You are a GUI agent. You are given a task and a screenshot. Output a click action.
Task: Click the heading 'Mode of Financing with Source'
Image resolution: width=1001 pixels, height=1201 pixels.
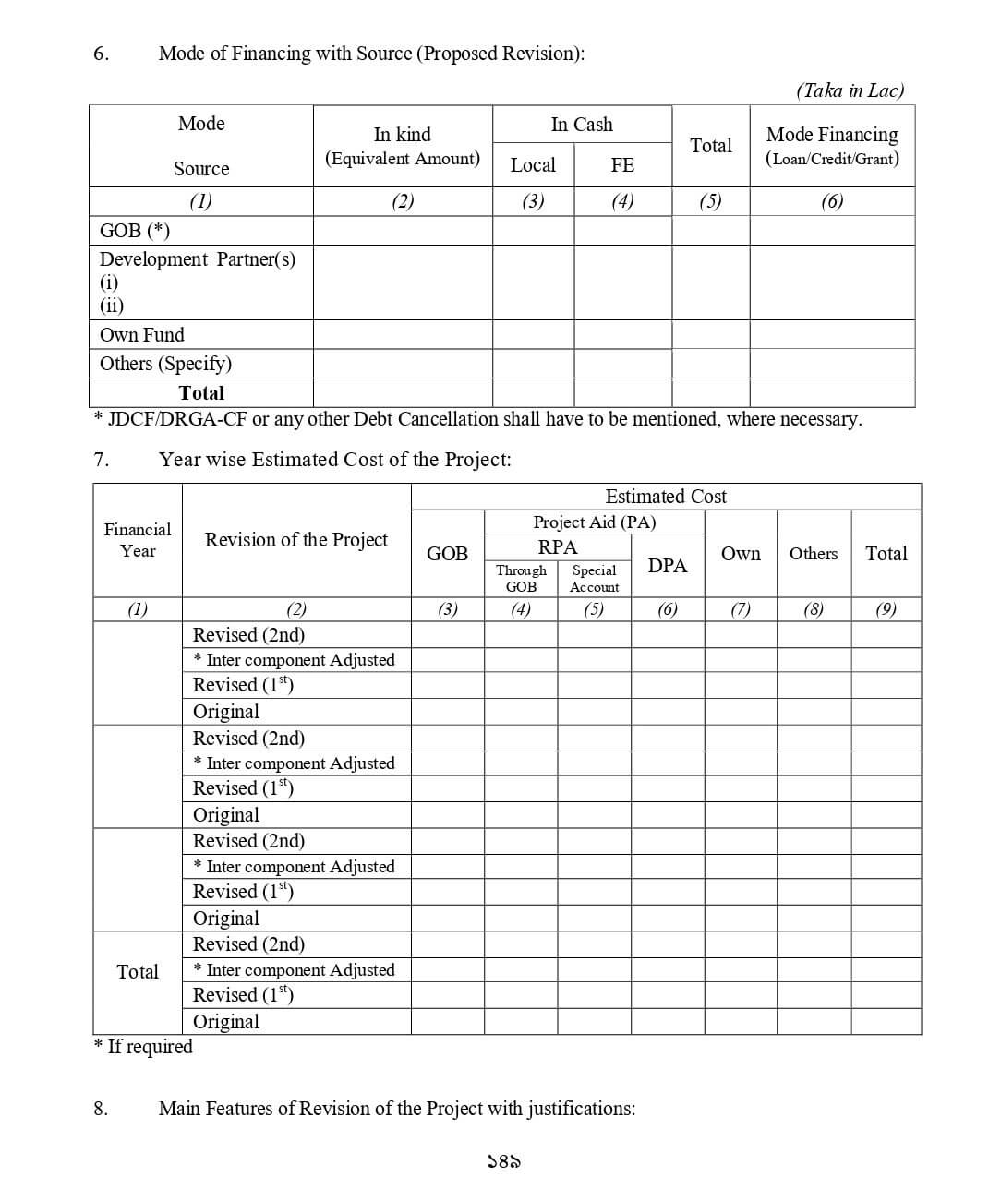click(371, 54)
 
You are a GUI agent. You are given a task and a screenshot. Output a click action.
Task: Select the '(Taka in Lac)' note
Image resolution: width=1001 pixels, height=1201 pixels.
click(850, 90)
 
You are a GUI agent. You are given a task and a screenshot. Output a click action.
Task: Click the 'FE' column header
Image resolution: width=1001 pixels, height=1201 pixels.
click(622, 165)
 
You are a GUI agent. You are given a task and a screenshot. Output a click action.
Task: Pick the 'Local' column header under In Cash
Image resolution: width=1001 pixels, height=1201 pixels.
click(533, 165)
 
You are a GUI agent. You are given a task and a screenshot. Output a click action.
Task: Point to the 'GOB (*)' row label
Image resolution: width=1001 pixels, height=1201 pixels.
click(135, 230)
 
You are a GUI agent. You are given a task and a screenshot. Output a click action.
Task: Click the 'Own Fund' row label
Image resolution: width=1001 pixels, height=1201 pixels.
click(142, 334)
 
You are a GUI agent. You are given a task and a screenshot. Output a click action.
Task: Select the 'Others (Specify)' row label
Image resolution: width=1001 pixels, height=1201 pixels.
click(165, 363)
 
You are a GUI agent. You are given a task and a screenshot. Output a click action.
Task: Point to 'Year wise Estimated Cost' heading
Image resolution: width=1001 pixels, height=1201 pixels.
click(334, 460)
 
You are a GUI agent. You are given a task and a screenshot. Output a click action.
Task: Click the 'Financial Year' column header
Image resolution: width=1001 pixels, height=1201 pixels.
click(138, 540)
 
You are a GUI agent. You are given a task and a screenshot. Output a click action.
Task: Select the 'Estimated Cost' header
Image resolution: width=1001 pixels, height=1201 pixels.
click(666, 497)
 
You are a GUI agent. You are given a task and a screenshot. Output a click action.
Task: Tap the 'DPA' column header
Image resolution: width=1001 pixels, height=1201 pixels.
click(668, 565)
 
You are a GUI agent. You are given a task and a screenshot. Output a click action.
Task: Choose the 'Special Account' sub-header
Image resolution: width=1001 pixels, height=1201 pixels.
click(594, 578)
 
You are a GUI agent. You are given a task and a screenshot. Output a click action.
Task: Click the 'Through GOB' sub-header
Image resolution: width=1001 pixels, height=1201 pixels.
click(521, 578)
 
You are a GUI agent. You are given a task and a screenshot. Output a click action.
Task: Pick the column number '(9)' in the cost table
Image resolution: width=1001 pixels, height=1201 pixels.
click(886, 608)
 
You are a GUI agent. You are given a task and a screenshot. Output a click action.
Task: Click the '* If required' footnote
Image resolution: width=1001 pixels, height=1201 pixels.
click(144, 1046)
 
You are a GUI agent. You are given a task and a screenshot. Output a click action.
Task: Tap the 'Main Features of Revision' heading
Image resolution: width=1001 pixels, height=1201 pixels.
click(397, 1108)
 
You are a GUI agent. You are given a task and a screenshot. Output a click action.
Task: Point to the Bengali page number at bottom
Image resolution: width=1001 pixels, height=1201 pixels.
click(503, 1162)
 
